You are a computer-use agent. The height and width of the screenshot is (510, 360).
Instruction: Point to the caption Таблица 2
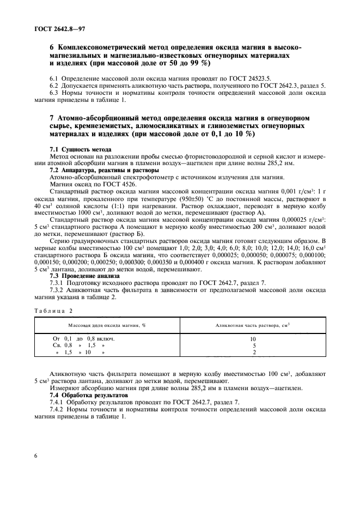click(x=54, y=311)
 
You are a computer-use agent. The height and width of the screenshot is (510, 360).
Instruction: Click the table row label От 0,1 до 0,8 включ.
click(x=84, y=338)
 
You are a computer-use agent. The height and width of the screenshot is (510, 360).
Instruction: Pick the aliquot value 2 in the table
click(x=253, y=353)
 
